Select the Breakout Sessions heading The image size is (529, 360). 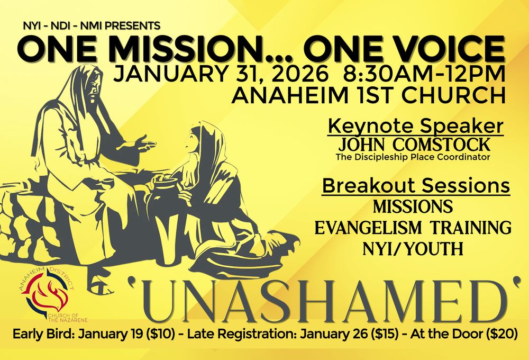click(416, 186)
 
